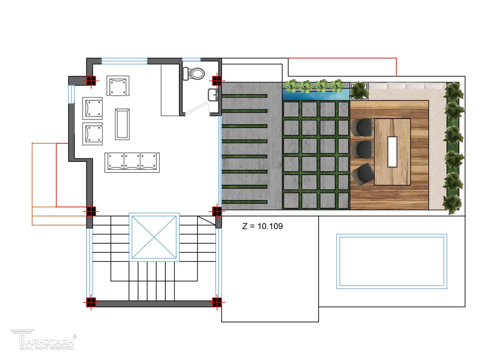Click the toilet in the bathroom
pos(193,73)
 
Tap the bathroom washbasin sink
pos(213,95)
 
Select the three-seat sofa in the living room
pos(132,162)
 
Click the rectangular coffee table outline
pos(122,124)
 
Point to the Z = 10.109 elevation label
pos(262,226)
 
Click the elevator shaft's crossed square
pos(154,237)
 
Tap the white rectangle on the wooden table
pos(392,152)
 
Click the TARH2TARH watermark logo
pos(44,340)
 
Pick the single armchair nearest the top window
pos(118,86)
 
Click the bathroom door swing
pos(198,108)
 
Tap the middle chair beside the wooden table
pos(362,149)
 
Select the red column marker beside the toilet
pos(217,80)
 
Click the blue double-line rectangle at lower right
pos(391,261)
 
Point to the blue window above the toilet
pos(191,60)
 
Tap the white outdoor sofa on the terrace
pos(407,86)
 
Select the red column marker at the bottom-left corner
pos(91,302)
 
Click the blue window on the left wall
pos(71,94)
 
